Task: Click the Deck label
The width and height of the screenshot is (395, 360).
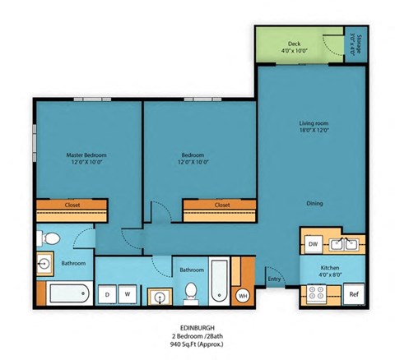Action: [x=294, y=44]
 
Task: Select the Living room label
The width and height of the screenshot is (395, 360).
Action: [x=314, y=124]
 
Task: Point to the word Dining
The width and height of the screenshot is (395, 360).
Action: [x=314, y=203]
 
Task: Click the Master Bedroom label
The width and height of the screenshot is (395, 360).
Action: [x=86, y=155]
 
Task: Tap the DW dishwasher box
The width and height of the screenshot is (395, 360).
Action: [x=313, y=244]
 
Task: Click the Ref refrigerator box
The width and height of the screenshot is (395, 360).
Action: [x=354, y=293]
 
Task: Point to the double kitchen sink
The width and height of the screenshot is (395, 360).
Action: [x=343, y=244]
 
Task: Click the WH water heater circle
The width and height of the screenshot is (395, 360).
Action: [x=243, y=295]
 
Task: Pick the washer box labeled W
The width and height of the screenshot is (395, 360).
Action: [x=128, y=293]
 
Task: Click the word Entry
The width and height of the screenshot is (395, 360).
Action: [x=274, y=280]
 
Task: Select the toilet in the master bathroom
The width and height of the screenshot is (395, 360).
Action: [x=50, y=239]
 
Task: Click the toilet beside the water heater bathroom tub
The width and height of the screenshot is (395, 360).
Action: [x=191, y=291]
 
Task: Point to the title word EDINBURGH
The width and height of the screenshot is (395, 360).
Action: [x=197, y=325]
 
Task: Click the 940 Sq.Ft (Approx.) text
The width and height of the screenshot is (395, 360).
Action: [x=197, y=346]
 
